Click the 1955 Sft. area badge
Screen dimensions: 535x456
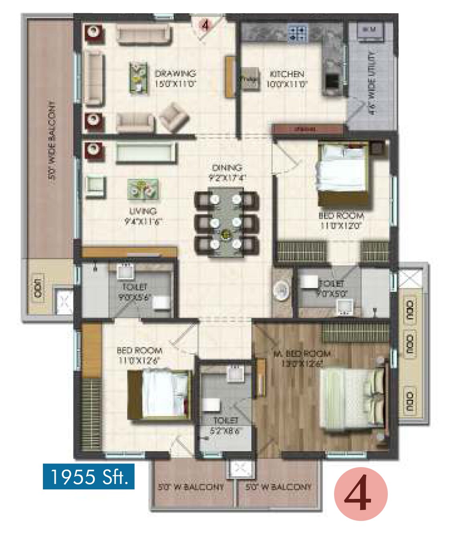point(89,477)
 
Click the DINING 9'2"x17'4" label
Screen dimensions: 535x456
point(227,172)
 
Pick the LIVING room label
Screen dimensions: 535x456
point(143,216)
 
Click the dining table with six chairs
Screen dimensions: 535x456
point(226,223)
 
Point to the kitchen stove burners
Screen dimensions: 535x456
point(298,34)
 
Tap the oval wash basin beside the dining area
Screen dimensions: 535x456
point(281,290)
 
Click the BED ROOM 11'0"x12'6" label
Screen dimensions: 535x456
point(139,355)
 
